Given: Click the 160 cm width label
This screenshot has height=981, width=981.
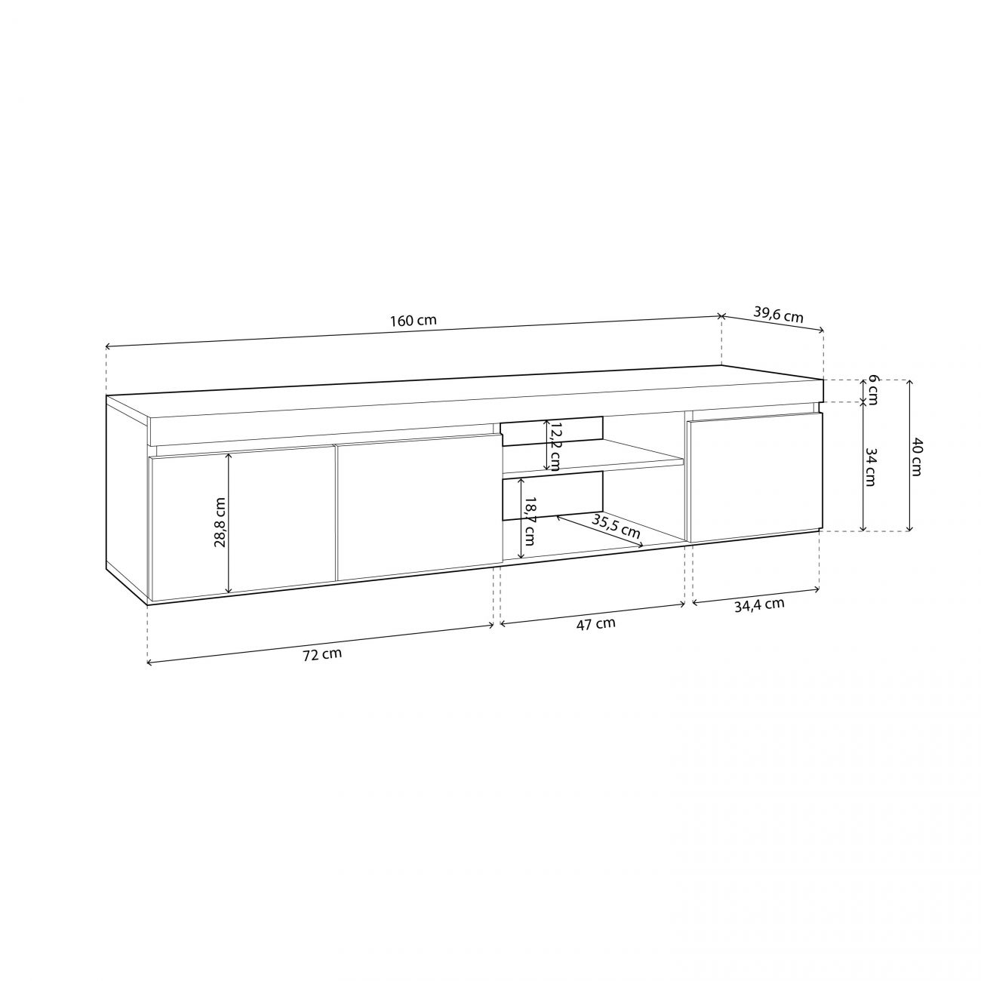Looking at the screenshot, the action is click(x=414, y=321).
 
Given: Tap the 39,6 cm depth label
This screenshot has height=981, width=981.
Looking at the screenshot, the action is click(x=778, y=315).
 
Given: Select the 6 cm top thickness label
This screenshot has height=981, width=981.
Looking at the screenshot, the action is click(x=872, y=390).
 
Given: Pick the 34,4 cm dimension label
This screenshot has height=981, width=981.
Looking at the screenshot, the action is click(x=759, y=605).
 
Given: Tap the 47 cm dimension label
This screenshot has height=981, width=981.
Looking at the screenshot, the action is click(x=595, y=623).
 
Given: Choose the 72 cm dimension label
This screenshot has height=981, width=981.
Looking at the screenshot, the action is click(x=322, y=654).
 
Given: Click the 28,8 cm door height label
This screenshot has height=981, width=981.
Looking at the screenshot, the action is click(x=220, y=521).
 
